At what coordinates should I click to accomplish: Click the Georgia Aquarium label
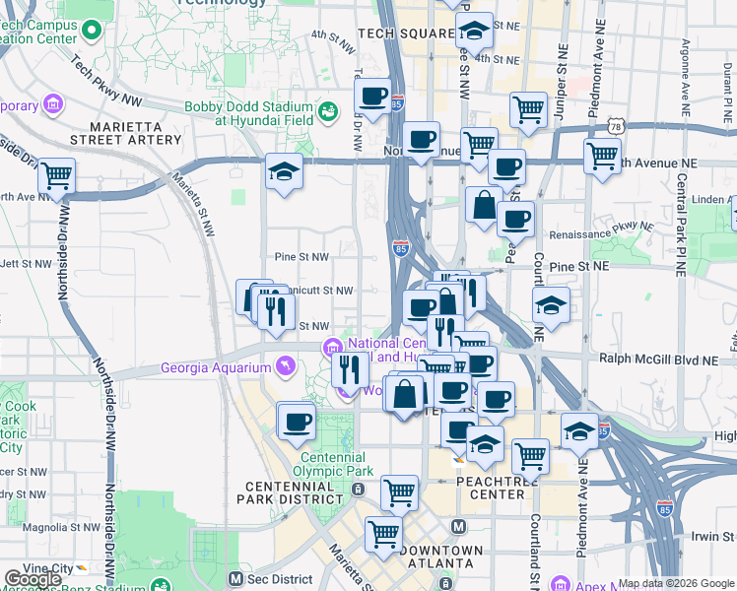click(216, 368)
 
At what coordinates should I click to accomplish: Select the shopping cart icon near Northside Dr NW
click(56, 176)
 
